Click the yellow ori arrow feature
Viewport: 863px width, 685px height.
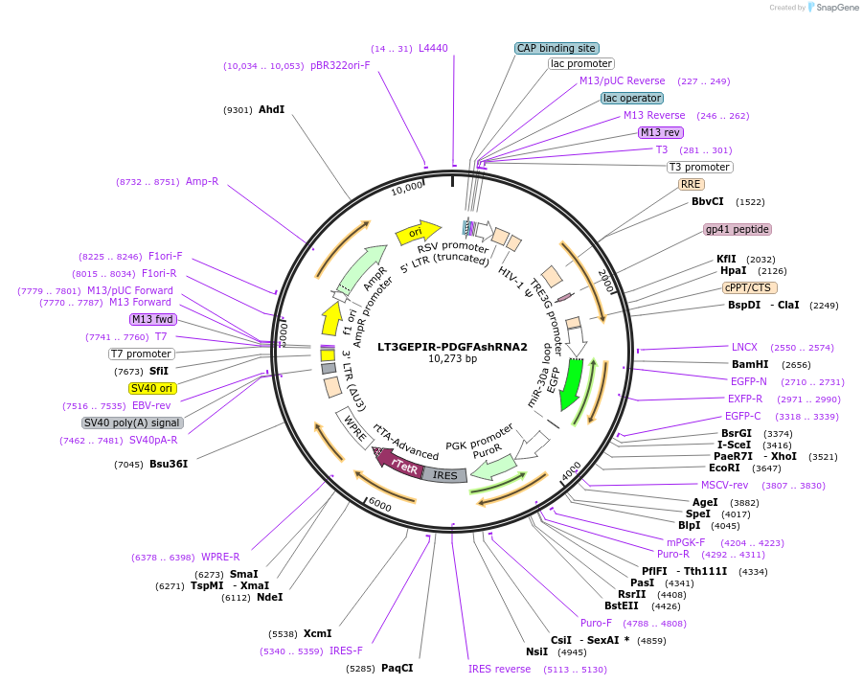pos(418,232)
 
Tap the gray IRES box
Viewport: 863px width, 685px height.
pos(444,475)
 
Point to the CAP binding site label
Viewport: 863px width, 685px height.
pos(556,48)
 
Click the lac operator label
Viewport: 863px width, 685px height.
pos(632,98)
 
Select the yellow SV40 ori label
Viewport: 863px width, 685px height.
pos(151,388)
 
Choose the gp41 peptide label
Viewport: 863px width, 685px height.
pos(738,230)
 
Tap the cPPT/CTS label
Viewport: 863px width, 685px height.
pos(750,287)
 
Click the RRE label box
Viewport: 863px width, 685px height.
pos(691,184)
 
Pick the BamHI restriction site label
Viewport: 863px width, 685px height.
pos(750,364)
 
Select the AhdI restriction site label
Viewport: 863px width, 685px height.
pos(271,109)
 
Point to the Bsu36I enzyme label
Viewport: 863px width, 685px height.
pos(168,464)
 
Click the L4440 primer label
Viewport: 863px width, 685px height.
pos(433,48)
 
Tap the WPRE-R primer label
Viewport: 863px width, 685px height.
pos(220,557)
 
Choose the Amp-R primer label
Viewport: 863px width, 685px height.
pos(202,181)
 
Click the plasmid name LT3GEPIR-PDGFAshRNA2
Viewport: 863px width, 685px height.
pos(452,347)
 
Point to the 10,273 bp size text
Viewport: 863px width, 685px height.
pos(452,359)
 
